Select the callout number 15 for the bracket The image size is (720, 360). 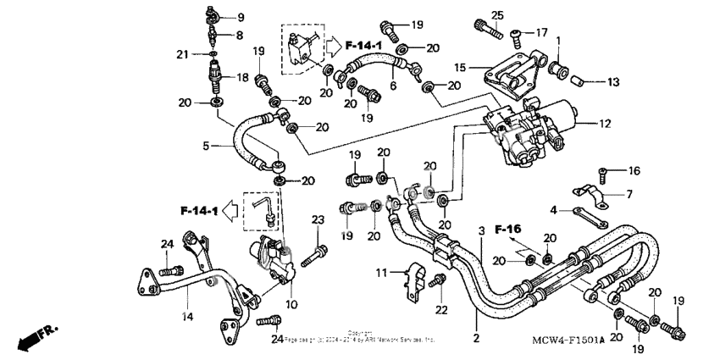[460, 66]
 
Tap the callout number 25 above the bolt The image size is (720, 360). [498, 14]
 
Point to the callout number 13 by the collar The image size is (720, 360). [613, 82]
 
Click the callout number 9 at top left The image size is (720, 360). [239, 17]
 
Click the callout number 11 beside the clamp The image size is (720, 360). [382, 272]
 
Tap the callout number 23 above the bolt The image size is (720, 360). [318, 220]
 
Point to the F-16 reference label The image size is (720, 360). [509, 229]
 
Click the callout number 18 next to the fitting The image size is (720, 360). [242, 77]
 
